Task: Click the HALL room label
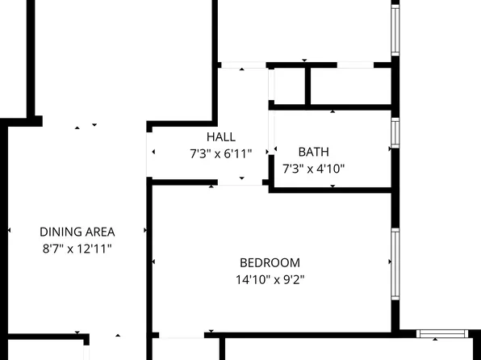pyautogui.click(x=220, y=136)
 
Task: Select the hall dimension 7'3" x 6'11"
pyautogui.click(x=220, y=153)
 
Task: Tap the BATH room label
pyautogui.click(x=313, y=152)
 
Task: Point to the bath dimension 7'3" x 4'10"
pyautogui.click(x=313, y=169)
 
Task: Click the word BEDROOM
pyautogui.click(x=270, y=262)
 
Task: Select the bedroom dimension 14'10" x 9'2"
pyautogui.click(x=270, y=279)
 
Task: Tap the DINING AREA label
pyautogui.click(x=77, y=232)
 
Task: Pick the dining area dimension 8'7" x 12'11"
pyautogui.click(x=77, y=249)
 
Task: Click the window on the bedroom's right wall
pyautogui.click(x=395, y=262)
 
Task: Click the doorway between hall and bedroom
pyautogui.click(x=240, y=182)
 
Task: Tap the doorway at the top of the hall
pyautogui.click(x=243, y=65)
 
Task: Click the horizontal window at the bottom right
pyautogui.click(x=441, y=332)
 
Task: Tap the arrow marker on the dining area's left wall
pyautogui.click(x=9, y=230)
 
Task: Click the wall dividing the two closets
pyautogui.click(x=307, y=85)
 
